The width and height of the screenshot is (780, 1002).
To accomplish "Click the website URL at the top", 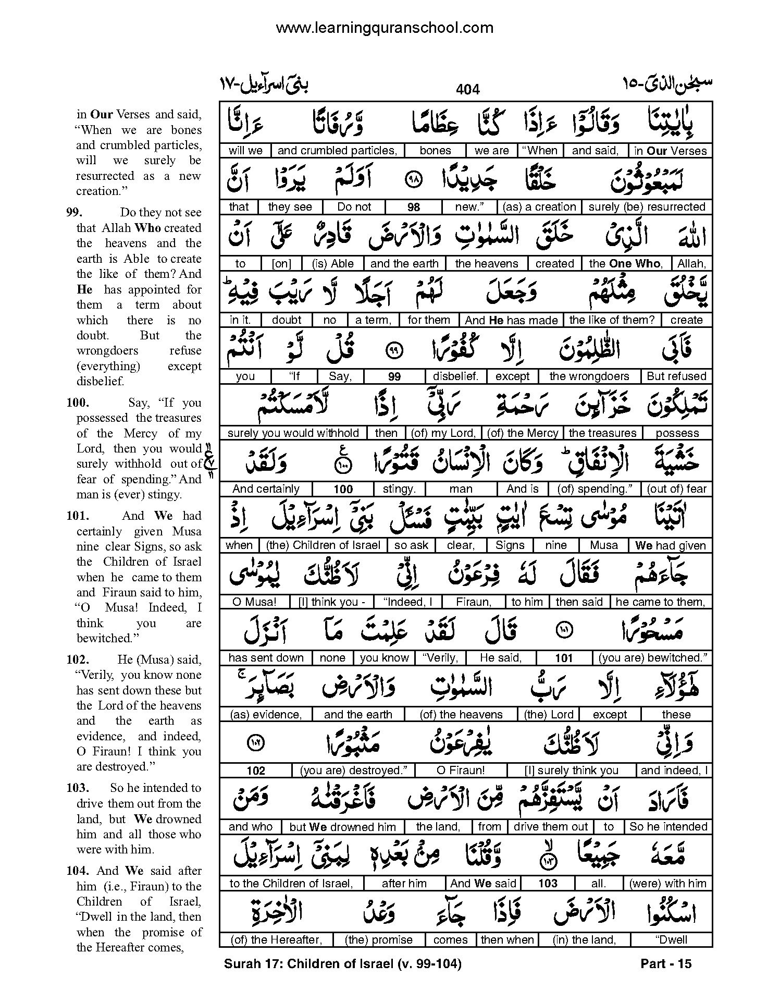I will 385,28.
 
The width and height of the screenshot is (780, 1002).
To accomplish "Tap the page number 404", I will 467,90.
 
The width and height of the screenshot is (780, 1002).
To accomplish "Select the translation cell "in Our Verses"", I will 670,151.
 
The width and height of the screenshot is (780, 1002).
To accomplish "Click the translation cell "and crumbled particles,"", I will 337,151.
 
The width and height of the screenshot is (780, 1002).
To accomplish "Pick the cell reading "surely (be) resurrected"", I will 647,207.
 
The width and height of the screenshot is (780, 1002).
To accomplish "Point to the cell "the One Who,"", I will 626,264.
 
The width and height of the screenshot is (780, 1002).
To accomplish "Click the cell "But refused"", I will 676,376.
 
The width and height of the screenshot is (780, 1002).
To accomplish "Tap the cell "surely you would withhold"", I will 293,433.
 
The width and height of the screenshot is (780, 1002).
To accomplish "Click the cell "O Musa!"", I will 254,602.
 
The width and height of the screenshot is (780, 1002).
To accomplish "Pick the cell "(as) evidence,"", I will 266,715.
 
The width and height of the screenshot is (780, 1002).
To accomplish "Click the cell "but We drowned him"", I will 343,827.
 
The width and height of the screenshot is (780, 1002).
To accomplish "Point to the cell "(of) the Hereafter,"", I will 277,940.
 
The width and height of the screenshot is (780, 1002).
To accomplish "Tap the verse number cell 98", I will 413,207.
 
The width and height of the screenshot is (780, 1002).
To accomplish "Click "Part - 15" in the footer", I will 665,964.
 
